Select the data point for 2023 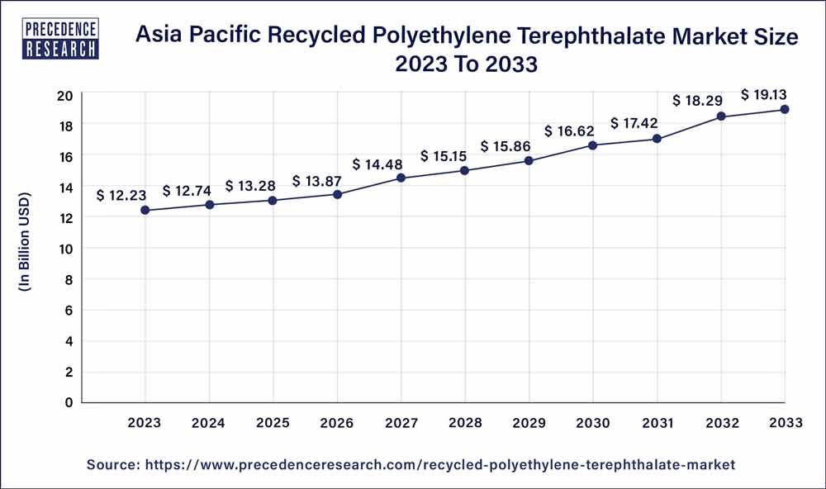pyautogui.click(x=145, y=210)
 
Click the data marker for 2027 pyautogui.click(x=401, y=178)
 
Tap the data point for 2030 pyautogui.click(x=593, y=145)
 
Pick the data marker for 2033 pyautogui.click(x=785, y=109)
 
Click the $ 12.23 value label pyautogui.click(x=121, y=196)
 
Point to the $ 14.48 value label pyautogui.click(x=377, y=164)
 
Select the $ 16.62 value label pyautogui.click(x=569, y=131)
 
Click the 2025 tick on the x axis pyautogui.click(x=273, y=422)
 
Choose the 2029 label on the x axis pyautogui.click(x=529, y=422)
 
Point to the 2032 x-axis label pyautogui.click(x=721, y=422)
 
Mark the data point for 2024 pyautogui.click(x=210, y=204)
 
